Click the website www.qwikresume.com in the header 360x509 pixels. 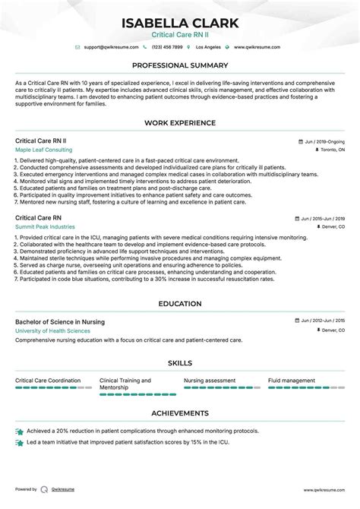coord(257,47)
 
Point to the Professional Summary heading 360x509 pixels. coord(180,65)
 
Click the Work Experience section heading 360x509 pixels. coord(180,122)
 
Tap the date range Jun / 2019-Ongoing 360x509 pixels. coord(321,141)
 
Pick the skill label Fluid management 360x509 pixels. coord(292,381)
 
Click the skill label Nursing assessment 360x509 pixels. coord(210,381)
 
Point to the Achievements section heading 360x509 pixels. coord(180,413)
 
